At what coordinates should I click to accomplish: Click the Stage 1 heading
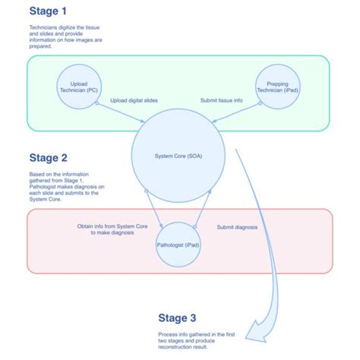[x=49, y=11]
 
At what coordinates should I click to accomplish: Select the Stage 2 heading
[x=49, y=159]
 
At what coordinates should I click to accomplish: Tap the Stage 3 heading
[x=178, y=317]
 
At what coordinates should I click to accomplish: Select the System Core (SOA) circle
[x=178, y=156]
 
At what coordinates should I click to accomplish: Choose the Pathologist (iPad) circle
[x=178, y=246]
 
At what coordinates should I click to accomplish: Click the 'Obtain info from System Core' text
[x=106, y=230]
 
